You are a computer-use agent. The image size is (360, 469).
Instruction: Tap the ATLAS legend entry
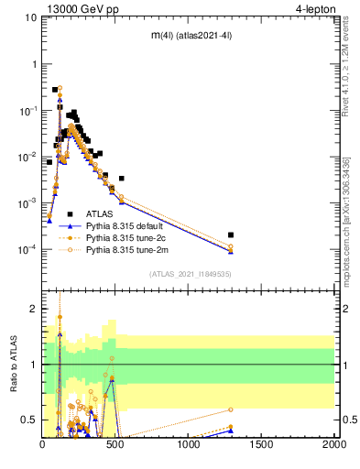100,213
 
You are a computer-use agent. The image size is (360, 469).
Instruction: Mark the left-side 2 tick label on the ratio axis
34,310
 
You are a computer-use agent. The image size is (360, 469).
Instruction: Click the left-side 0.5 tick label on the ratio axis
29,420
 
